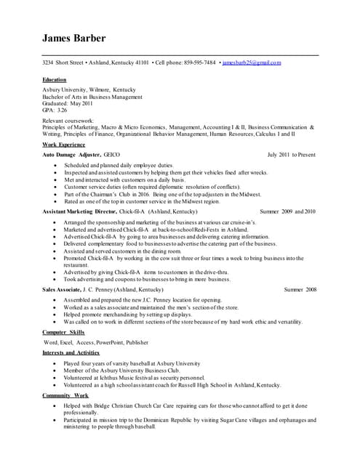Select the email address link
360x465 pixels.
click(x=252, y=63)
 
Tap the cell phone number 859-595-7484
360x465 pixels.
click(x=199, y=63)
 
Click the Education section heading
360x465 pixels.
click(x=55, y=79)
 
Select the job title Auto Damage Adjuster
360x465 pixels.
click(x=71, y=155)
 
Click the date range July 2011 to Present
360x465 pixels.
click(x=292, y=155)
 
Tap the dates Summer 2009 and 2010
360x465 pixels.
click(x=288, y=211)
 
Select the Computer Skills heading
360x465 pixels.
click(x=63, y=331)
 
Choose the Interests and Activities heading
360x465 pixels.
click(x=70, y=352)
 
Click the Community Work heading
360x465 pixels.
click(x=65, y=395)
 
